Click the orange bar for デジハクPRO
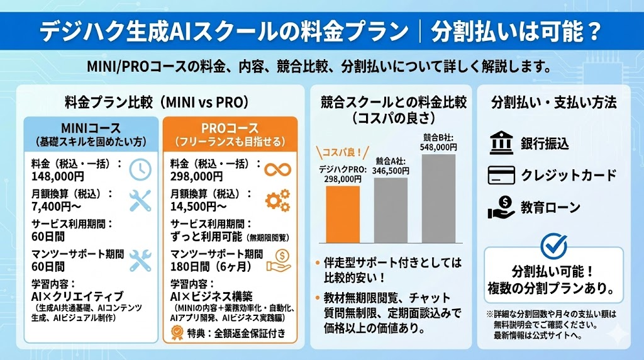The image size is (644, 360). (343, 214)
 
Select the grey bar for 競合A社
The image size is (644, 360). (391, 210)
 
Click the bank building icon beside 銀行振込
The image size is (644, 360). (501, 143)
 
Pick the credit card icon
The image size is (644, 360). (501, 174)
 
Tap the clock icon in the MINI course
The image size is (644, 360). (140, 169)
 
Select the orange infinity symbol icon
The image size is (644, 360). (277, 169)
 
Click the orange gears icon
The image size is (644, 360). (277, 200)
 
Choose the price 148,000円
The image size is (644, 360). (57, 176)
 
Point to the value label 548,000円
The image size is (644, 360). (439, 147)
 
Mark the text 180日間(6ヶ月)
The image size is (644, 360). (207, 266)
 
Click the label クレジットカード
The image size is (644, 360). (569, 175)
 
